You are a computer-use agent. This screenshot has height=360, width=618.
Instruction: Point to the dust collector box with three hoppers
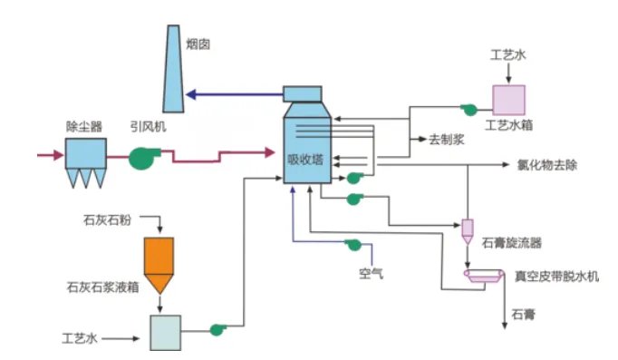(83, 158)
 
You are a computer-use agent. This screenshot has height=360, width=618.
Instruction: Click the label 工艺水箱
(509, 124)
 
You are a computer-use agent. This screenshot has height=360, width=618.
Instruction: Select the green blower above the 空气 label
(352, 245)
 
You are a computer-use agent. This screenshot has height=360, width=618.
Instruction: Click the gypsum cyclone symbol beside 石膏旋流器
(468, 230)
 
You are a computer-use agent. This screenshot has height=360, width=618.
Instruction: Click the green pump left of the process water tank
(469, 110)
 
